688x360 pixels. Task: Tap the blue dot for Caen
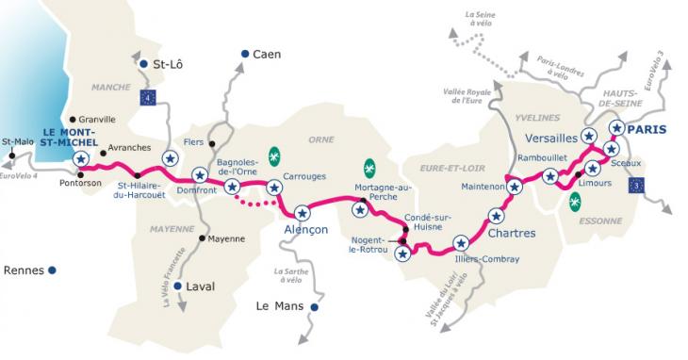pyautogui.click(x=243, y=55)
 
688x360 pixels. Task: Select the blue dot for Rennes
pyautogui.click(x=52, y=270)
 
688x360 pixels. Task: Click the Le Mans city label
pyautogui.click(x=280, y=306)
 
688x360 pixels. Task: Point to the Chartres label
pyautogui.click(x=513, y=233)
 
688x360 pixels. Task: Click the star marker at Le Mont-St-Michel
pyautogui.click(x=81, y=158)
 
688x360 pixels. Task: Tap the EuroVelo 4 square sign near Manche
pyautogui.click(x=146, y=96)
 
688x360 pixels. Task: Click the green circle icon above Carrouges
pyautogui.click(x=274, y=155)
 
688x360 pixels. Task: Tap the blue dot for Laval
pyautogui.click(x=177, y=286)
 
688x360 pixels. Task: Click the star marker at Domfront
pyautogui.click(x=199, y=174)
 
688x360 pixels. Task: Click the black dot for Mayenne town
pyautogui.click(x=202, y=237)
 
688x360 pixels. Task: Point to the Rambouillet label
pyautogui.click(x=547, y=157)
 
